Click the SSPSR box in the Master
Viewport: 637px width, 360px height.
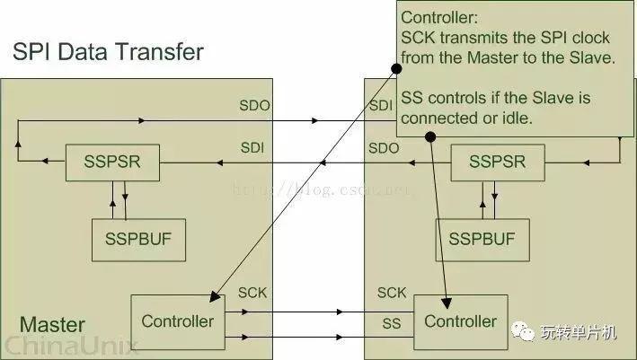tap(112, 162)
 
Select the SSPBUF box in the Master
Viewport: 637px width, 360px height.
tap(138, 240)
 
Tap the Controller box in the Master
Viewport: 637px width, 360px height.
tap(178, 322)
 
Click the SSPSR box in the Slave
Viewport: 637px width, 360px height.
tap(498, 162)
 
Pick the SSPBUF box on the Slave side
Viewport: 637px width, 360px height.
tap(482, 240)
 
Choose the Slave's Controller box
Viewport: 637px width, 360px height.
tap(461, 322)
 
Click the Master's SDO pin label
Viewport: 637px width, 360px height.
tap(255, 106)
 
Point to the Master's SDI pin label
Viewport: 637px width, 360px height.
tap(252, 148)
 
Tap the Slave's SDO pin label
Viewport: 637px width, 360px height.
tap(384, 148)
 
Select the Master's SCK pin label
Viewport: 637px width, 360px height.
tap(252, 293)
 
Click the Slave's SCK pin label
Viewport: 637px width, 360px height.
tap(392, 293)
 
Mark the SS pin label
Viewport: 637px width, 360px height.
tap(392, 323)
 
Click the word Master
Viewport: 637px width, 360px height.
tap(52, 325)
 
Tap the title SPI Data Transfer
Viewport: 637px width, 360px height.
tap(108, 52)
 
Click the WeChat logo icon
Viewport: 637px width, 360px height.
tap(523, 331)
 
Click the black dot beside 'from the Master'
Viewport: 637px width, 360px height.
tap(396, 68)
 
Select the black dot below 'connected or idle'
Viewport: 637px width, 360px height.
tap(430, 136)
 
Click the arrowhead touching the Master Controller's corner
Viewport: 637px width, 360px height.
tap(216, 296)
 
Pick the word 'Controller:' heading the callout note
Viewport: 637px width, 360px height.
tap(439, 17)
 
